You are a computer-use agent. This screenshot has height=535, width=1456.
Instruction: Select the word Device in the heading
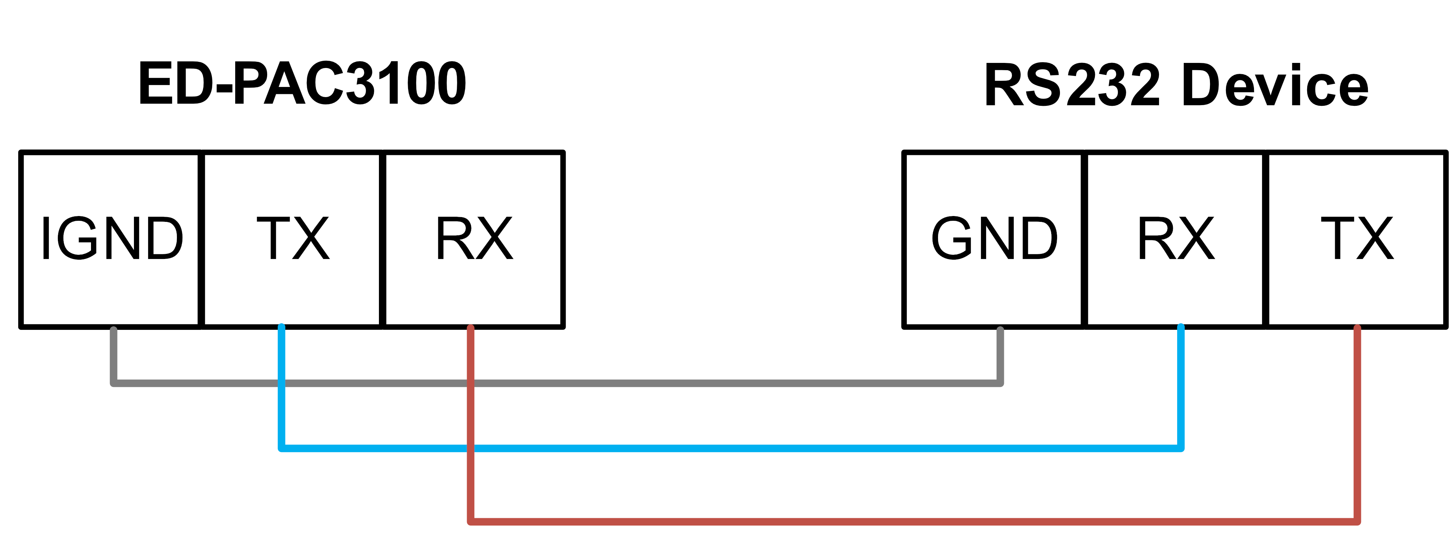[x=1275, y=86]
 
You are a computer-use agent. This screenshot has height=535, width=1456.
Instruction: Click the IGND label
[x=112, y=239]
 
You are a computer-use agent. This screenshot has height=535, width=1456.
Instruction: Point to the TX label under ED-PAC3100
[x=293, y=239]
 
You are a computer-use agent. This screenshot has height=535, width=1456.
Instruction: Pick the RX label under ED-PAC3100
[x=474, y=239]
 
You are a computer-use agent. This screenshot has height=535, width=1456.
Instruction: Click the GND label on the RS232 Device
[x=994, y=239]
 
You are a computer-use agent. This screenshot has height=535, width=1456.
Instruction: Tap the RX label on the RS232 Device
[x=1176, y=239]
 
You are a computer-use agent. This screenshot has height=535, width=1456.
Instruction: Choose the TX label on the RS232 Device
[x=1357, y=239]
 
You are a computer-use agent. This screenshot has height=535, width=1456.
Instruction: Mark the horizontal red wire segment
[x=904, y=521]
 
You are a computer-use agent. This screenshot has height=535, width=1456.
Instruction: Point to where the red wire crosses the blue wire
[x=471, y=448]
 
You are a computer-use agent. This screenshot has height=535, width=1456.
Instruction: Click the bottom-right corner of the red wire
[x=1357, y=520]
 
